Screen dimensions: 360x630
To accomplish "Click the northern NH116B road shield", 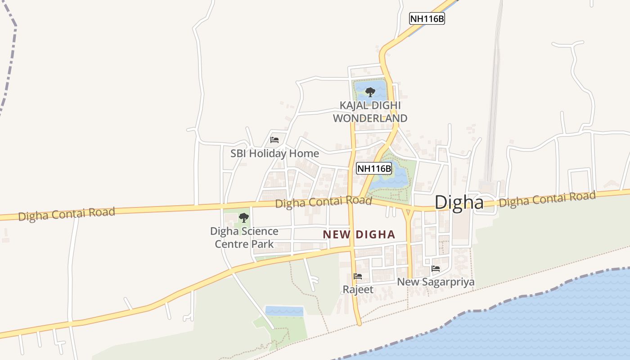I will (x=427, y=19).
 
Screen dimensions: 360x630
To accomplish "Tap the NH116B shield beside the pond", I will (x=374, y=169).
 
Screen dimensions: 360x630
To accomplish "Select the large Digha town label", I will (x=459, y=202).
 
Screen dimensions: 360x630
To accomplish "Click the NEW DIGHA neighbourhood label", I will (x=359, y=234).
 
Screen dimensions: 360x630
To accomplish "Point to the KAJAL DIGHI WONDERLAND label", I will (x=370, y=112).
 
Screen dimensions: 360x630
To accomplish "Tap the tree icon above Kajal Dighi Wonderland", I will (x=370, y=92).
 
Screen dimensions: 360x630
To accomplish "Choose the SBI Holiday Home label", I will (x=274, y=153).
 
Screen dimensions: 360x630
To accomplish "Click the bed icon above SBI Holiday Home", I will (x=274, y=140).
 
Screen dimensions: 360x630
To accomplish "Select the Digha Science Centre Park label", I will (x=244, y=238).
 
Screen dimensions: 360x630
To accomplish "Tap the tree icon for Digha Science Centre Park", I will (x=243, y=218).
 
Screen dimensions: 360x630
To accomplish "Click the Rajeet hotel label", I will (x=358, y=289).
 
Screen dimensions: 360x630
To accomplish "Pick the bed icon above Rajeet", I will (x=358, y=276).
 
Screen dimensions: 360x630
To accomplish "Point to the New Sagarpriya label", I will (x=436, y=282).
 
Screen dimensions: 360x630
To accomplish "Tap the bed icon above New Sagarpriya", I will (x=436, y=269).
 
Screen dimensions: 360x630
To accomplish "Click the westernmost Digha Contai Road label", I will (x=67, y=214).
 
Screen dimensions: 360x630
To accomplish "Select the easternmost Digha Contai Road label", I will (x=547, y=199).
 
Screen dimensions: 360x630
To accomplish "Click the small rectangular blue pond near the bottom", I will (x=284, y=310).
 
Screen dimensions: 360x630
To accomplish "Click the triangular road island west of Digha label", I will (x=408, y=212).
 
